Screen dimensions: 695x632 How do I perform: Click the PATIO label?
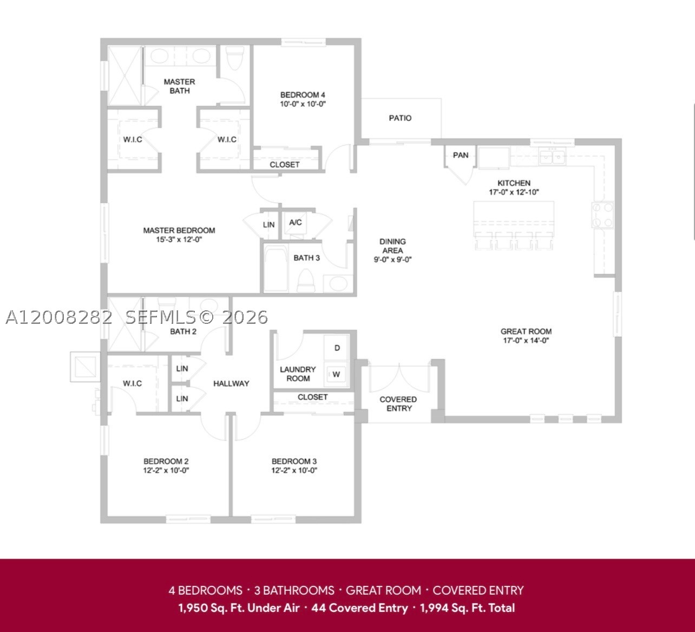point(400,118)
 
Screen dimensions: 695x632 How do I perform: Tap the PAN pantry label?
point(461,155)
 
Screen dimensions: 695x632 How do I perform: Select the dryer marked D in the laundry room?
point(337,348)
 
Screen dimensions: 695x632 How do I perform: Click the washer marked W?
point(336,374)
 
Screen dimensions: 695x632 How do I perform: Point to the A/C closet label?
point(295,222)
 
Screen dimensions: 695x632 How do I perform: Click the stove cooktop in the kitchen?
point(602,216)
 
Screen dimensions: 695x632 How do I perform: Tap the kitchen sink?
point(553,156)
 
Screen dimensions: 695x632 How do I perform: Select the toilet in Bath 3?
point(306,281)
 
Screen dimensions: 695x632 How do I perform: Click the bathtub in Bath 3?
point(276,268)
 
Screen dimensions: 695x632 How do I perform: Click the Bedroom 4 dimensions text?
point(303,104)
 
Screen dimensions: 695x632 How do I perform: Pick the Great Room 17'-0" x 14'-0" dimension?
point(526,341)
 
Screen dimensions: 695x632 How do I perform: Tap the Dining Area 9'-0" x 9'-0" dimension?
point(392,259)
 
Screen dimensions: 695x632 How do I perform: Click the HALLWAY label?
point(231,383)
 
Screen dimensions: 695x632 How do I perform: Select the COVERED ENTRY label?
point(398,404)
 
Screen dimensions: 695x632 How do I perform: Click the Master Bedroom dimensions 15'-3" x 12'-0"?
point(179,239)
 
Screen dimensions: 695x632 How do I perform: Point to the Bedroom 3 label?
point(294,461)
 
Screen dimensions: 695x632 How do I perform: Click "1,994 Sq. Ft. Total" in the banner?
point(467,608)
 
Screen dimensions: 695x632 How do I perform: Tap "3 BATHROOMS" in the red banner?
point(294,590)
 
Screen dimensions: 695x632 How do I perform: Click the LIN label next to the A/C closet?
point(268,225)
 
